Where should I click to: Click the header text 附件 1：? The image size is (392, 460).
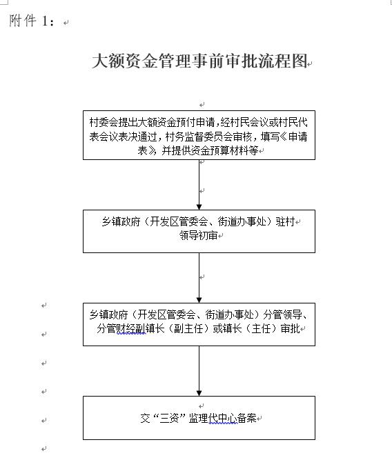click(32, 21)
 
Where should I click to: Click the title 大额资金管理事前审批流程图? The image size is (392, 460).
click(200, 61)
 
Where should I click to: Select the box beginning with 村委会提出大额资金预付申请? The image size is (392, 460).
click(199, 135)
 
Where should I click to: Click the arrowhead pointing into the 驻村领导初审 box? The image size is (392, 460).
click(199, 207)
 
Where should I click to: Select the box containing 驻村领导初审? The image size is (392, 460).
click(199, 231)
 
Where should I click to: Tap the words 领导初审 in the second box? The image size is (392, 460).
click(199, 235)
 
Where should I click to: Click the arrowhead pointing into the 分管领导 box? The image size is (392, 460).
click(199, 300)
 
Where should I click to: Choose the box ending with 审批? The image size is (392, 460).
click(199, 324)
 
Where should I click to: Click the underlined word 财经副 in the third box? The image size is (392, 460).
click(131, 328)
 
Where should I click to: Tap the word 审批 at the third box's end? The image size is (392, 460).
click(290, 328)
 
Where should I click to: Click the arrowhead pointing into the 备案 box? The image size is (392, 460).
click(199, 393)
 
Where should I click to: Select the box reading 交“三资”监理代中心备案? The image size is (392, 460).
click(199, 418)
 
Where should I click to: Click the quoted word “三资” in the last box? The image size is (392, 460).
click(169, 418)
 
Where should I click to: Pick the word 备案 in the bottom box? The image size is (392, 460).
click(246, 418)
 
